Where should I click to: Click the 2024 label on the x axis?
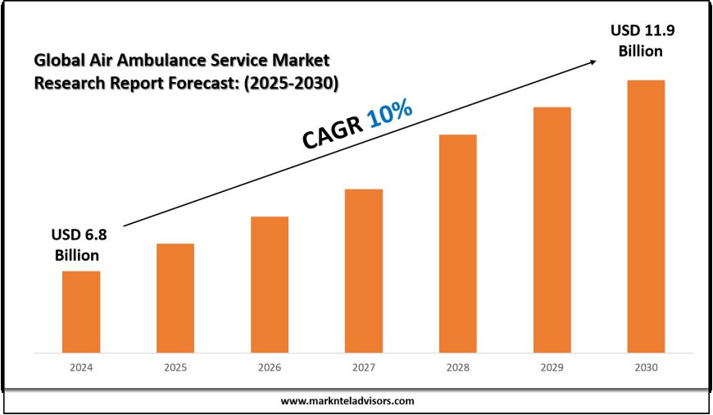81,368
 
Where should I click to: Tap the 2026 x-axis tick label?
270,368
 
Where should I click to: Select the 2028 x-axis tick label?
457,368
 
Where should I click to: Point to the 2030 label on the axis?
646,368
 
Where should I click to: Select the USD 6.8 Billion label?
81,244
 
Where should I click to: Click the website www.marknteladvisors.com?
347,401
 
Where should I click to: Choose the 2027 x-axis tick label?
364,368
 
